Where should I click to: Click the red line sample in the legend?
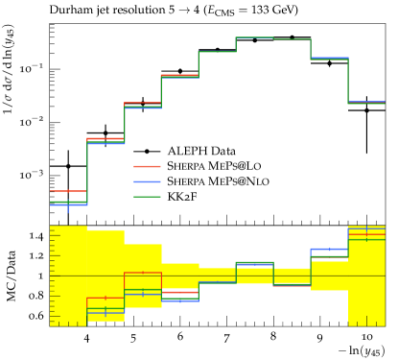pyautogui.click(x=147, y=166)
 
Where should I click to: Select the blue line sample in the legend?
pyautogui.click(x=147, y=181)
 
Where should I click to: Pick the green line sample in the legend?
pyautogui.click(x=147, y=197)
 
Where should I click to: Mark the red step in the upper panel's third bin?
pyautogui.click(x=143, y=102)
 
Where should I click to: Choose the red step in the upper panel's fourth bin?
pyautogui.click(x=179, y=74)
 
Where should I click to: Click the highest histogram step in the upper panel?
pyautogui.click(x=254, y=37)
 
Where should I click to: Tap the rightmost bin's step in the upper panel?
pyautogui.click(x=366, y=102)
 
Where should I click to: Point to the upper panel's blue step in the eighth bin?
pyautogui.click(x=329, y=59)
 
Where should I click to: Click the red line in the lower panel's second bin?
pyautogui.click(x=105, y=298)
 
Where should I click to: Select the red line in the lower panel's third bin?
pyautogui.click(x=143, y=273)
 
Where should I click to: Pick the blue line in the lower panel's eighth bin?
pyautogui.click(x=329, y=249)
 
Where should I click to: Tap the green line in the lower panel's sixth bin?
pyautogui.click(x=254, y=262)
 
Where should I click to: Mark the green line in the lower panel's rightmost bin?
pyautogui.click(x=366, y=238)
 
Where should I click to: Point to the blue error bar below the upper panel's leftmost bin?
pyautogui.click(x=68, y=209)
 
